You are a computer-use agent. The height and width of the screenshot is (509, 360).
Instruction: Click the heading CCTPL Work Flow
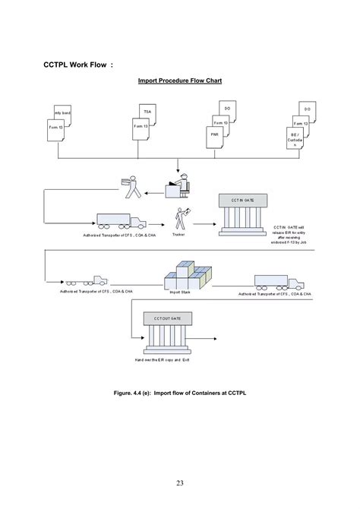click(78, 65)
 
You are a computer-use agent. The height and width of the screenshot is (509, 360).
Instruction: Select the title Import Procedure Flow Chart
click(179, 80)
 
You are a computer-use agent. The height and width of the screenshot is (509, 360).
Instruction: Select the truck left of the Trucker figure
click(122, 220)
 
